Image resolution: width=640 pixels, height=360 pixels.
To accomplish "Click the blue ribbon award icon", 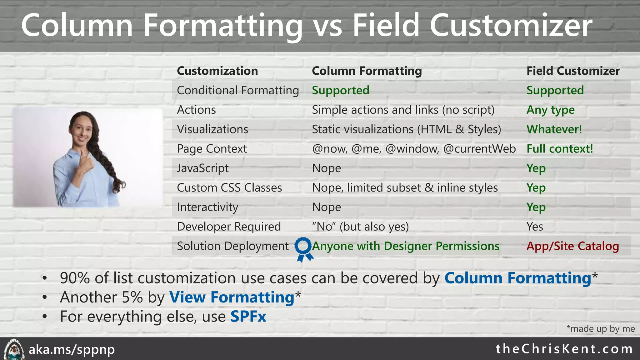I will [x=303, y=249].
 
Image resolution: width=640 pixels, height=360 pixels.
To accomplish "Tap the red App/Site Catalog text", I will [x=572, y=246].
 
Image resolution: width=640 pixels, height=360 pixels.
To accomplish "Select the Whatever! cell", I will [x=554, y=129].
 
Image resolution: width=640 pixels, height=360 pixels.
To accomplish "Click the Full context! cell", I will [x=560, y=149].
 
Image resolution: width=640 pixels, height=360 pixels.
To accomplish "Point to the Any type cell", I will [x=550, y=110].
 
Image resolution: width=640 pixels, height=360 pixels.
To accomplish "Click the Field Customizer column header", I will [x=573, y=71].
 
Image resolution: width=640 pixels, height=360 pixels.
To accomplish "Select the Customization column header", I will [x=217, y=71].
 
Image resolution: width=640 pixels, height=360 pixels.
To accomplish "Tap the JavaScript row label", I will [x=202, y=168].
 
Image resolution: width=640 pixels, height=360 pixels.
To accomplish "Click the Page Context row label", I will [x=212, y=149].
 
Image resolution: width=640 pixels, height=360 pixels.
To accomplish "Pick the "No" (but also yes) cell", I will [x=360, y=227].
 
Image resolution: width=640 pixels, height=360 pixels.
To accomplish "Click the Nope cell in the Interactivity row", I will [x=327, y=207].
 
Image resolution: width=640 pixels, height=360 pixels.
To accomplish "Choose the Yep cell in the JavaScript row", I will [x=536, y=168].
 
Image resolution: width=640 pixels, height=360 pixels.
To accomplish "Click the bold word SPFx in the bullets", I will [x=248, y=317].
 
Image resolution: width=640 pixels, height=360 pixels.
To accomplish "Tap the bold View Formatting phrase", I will [x=232, y=297].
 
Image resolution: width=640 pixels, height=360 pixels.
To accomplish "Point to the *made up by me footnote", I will [x=600, y=329].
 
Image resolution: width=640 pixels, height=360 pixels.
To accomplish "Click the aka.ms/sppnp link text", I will [x=72, y=349].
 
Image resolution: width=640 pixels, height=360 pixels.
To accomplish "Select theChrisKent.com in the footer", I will [x=564, y=349].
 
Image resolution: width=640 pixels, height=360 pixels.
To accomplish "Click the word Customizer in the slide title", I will [x=511, y=26].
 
